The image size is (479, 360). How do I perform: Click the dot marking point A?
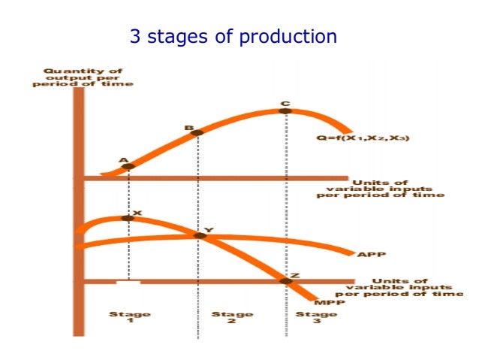point(128,166)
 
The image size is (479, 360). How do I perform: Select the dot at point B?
point(197,133)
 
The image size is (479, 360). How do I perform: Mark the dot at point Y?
point(200,236)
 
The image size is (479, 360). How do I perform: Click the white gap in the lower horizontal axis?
point(128,283)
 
